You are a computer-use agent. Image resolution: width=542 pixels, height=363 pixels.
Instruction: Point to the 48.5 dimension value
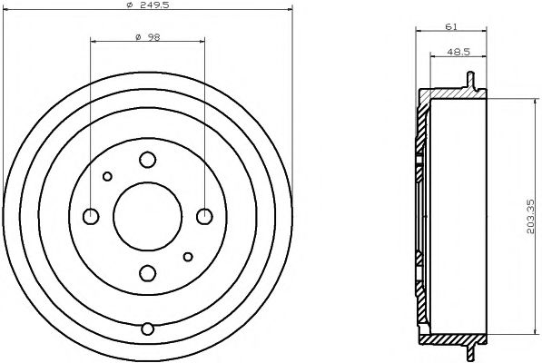458,54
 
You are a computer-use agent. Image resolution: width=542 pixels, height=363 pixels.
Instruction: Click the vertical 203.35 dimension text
532,218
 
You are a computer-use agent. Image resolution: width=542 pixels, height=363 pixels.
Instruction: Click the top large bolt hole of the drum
147,160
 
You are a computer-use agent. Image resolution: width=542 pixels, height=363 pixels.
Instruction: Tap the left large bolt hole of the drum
91,216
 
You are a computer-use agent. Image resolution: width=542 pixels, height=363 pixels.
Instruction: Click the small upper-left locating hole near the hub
107,176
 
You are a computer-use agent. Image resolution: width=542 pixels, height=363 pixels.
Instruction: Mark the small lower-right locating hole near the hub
187,256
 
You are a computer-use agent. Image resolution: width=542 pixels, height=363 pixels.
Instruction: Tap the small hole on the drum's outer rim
147,328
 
